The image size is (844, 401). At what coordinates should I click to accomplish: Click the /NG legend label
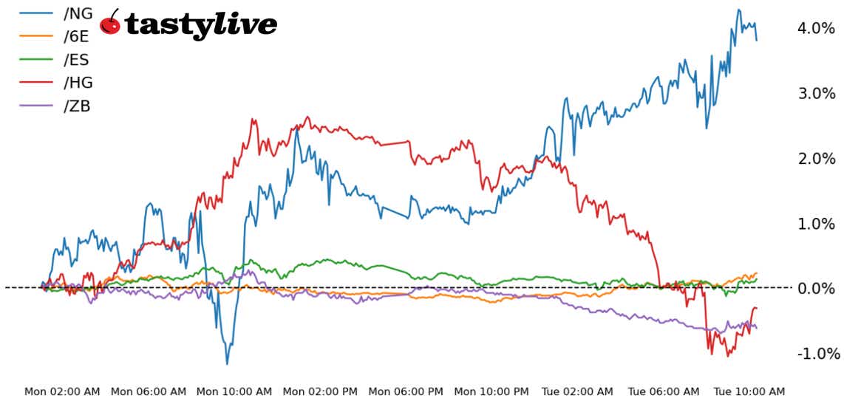coord(78,13)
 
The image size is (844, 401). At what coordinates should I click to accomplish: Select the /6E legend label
coord(78,36)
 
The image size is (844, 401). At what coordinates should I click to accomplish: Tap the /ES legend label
coord(78,60)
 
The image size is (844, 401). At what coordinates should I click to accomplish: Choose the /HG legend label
coord(78,83)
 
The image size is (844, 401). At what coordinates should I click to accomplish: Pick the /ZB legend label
coord(78,106)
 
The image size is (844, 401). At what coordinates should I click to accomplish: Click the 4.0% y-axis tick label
coord(816,28)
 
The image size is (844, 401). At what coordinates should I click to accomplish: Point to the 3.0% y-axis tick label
coord(816,93)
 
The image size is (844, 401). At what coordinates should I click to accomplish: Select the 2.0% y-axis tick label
coord(816,158)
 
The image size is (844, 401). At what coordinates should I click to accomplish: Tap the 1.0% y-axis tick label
coord(816,223)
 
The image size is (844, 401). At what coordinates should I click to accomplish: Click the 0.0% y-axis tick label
coord(816,288)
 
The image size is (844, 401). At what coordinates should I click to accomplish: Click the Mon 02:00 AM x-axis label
coord(62,391)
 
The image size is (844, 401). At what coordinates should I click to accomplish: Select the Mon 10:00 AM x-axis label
coord(234,391)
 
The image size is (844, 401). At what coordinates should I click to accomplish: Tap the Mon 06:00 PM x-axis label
coord(406,391)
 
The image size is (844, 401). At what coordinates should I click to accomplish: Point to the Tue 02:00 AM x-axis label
coord(577,391)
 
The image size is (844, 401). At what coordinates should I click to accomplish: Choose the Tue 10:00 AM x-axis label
coord(749,391)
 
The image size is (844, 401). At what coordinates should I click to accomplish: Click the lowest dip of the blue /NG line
coord(227,363)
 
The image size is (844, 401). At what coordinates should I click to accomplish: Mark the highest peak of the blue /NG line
coord(738,10)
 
